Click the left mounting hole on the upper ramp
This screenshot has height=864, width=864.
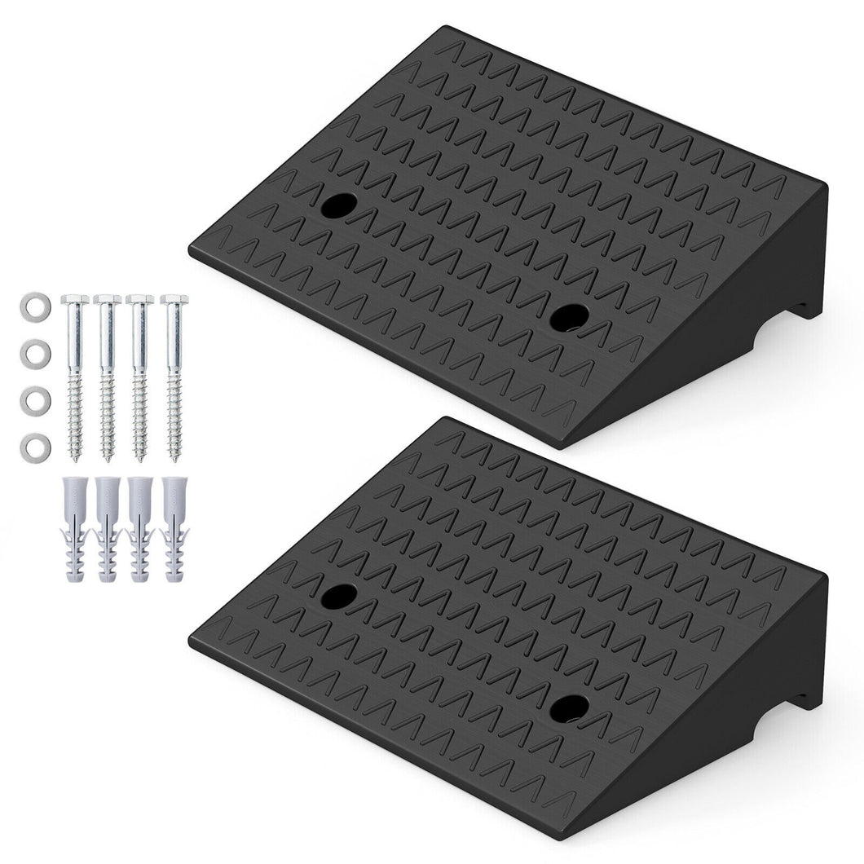click(338, 206)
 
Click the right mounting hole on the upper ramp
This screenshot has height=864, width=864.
click(568, 318)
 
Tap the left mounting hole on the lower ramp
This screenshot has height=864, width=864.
click(338, 596)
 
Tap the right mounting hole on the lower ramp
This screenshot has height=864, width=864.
click(568, 708)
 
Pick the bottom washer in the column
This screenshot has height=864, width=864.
click(35, 447)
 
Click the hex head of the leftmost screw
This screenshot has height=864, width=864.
click(75, 300)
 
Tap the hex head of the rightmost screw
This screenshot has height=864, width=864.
click(174, 300)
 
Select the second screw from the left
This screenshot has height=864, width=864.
click(108, 375)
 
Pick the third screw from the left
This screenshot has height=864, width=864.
click(140, 375)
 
